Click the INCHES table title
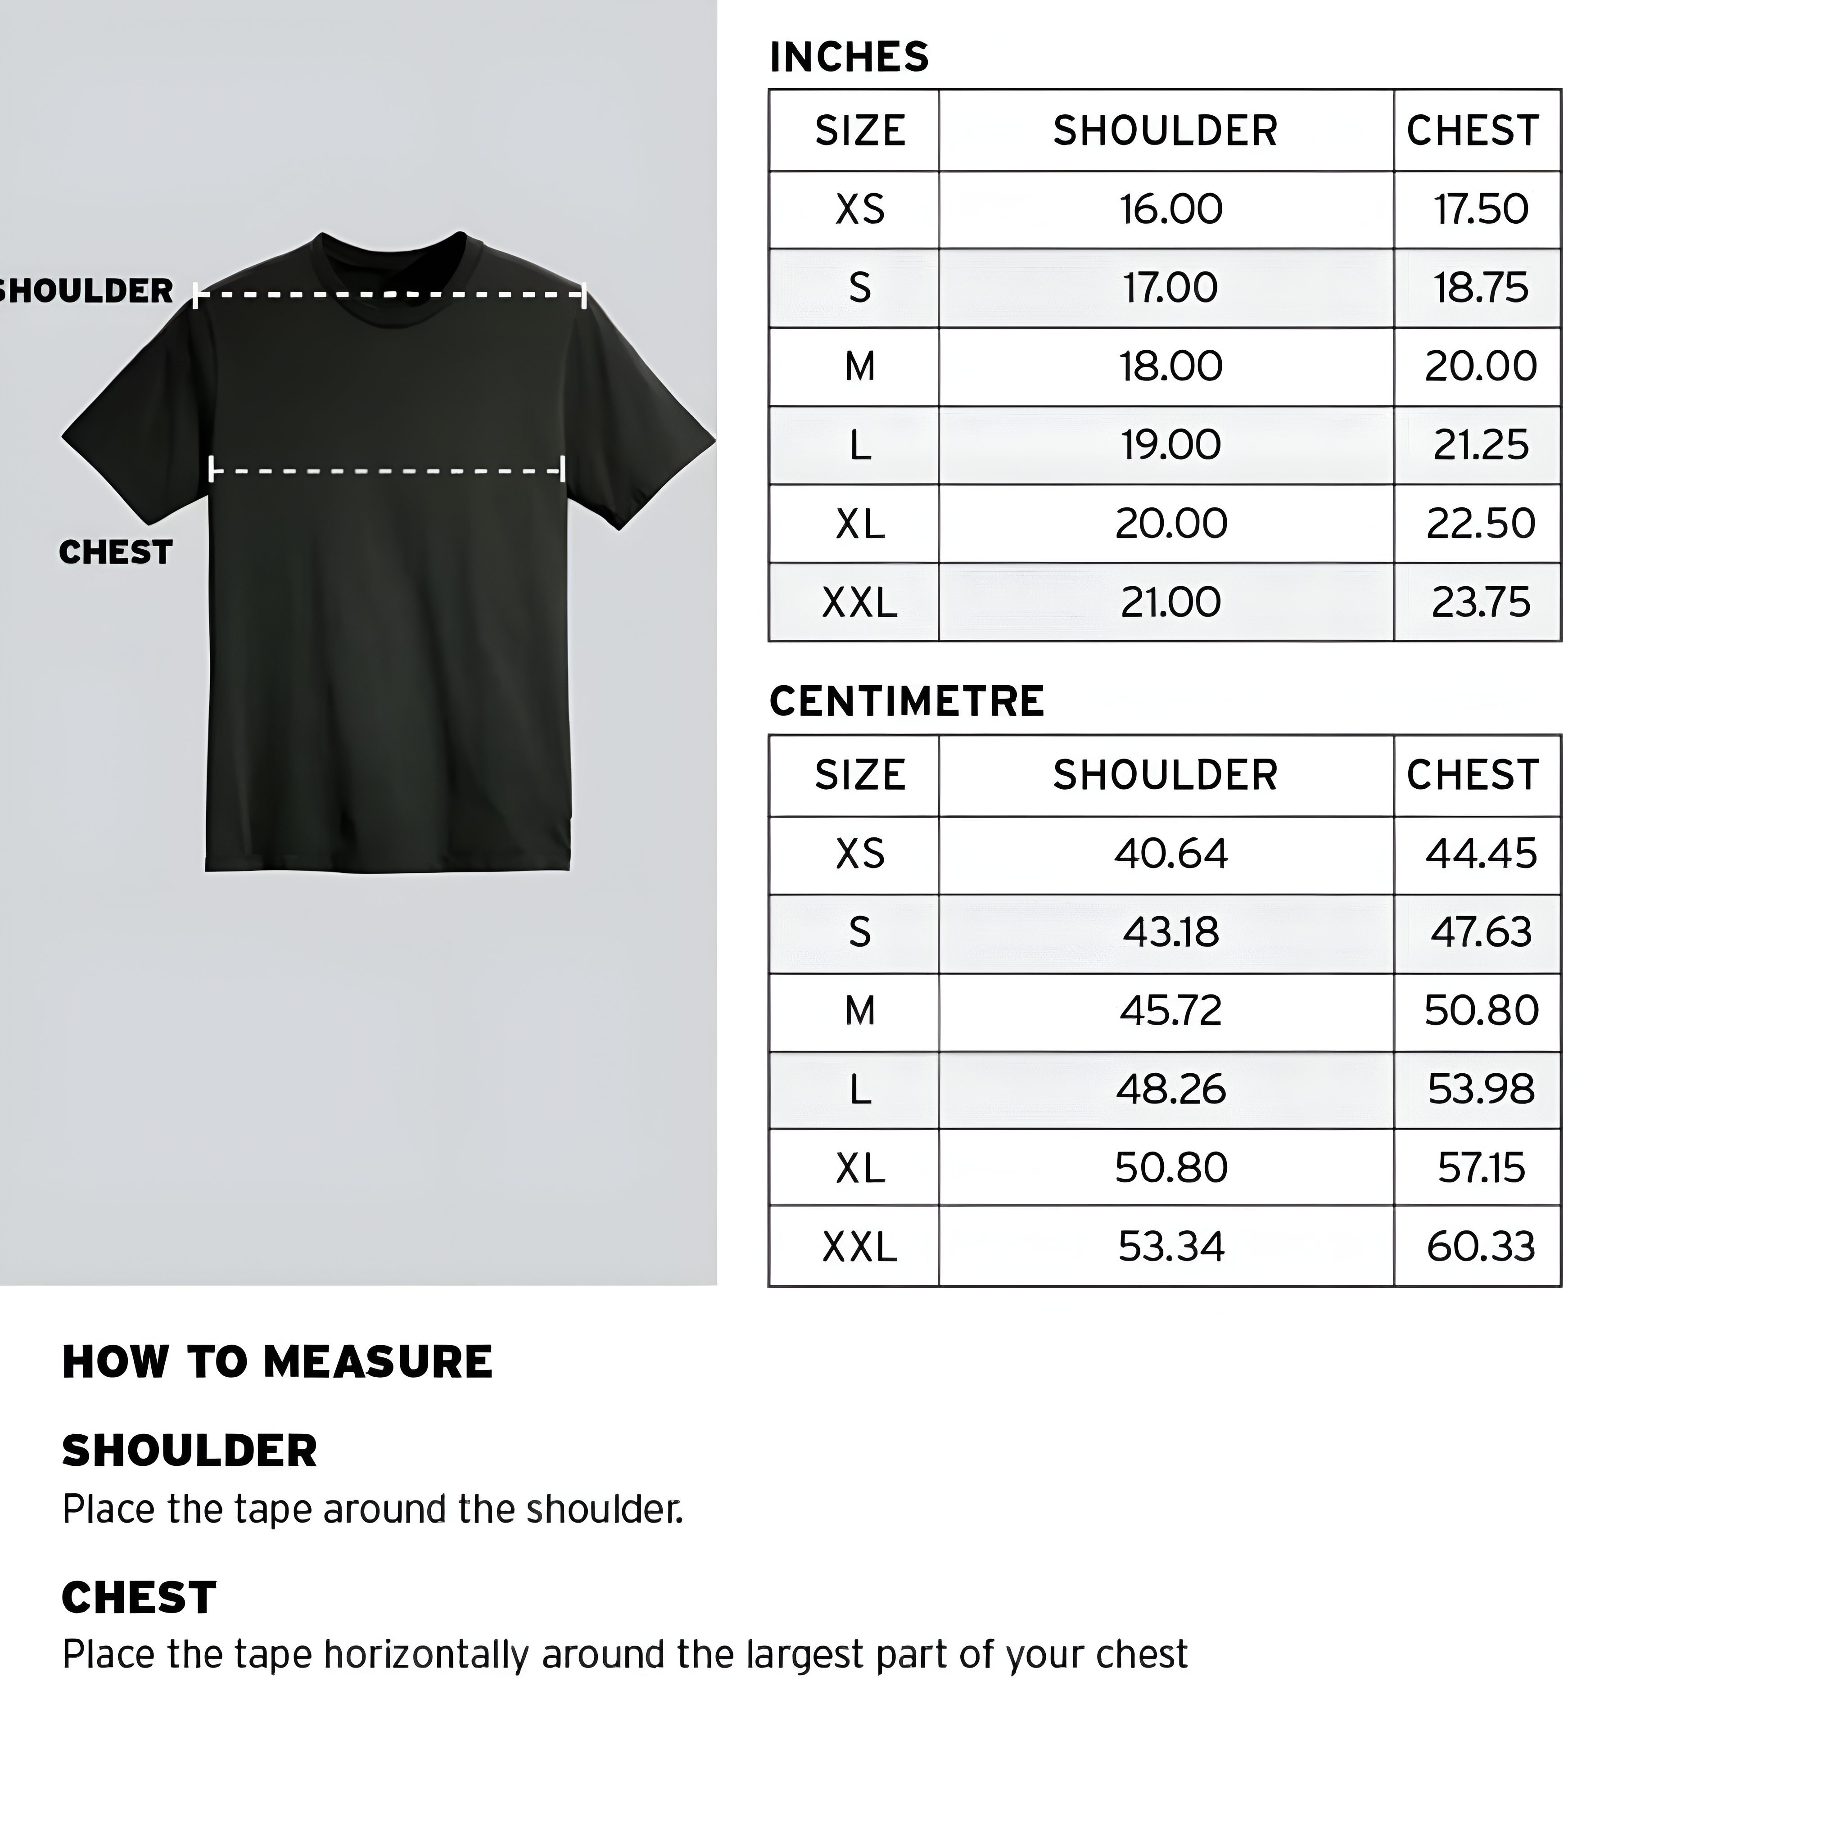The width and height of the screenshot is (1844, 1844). pos(849,57)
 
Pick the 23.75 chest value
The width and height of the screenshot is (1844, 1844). pos(1480,602)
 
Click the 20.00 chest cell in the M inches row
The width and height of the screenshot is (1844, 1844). pos(1480,366)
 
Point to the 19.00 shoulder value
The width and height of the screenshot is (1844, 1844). pos(1170,445)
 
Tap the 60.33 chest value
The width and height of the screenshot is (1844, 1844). pos(1480,1247)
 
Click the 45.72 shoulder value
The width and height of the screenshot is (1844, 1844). pos(1170,1011)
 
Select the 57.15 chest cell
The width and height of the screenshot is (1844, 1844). pos(1480,1168)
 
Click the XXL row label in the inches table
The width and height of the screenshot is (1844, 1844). pos(859,602)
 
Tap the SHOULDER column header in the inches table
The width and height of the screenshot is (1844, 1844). pos(1165,131)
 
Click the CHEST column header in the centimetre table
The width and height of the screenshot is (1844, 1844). pos(1473,775)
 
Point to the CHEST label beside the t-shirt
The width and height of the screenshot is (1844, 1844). pos(116,553)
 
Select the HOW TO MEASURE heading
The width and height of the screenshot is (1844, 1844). pos(277,1362)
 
